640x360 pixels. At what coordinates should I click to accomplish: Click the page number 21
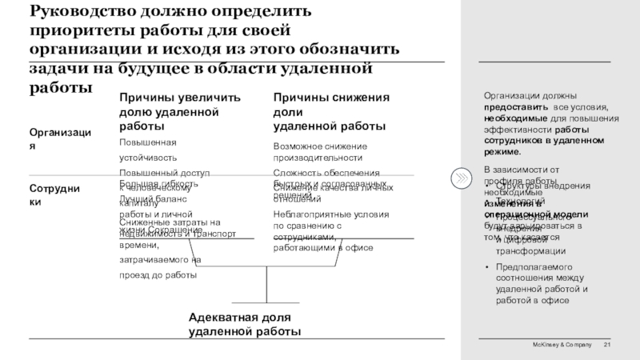[x=607, y=344]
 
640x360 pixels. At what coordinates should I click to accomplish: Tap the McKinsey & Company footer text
[x=563, y=344]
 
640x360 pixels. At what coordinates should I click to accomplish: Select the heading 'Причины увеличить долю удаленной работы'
[x=179, y=111]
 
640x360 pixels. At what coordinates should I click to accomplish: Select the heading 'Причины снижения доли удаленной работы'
[x=331, y=111]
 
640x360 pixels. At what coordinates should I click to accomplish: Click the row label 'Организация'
[x=59, y=138]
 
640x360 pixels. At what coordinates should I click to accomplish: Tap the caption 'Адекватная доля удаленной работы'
[x=245, y=325]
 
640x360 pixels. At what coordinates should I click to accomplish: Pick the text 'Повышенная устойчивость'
[x=147, y=149]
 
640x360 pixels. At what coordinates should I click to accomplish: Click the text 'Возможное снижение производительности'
[x=320, y=153]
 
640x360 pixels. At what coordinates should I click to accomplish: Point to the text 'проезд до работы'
[x=158, y=274]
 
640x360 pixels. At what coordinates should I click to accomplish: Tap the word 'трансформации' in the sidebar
[x=532, y=250]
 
